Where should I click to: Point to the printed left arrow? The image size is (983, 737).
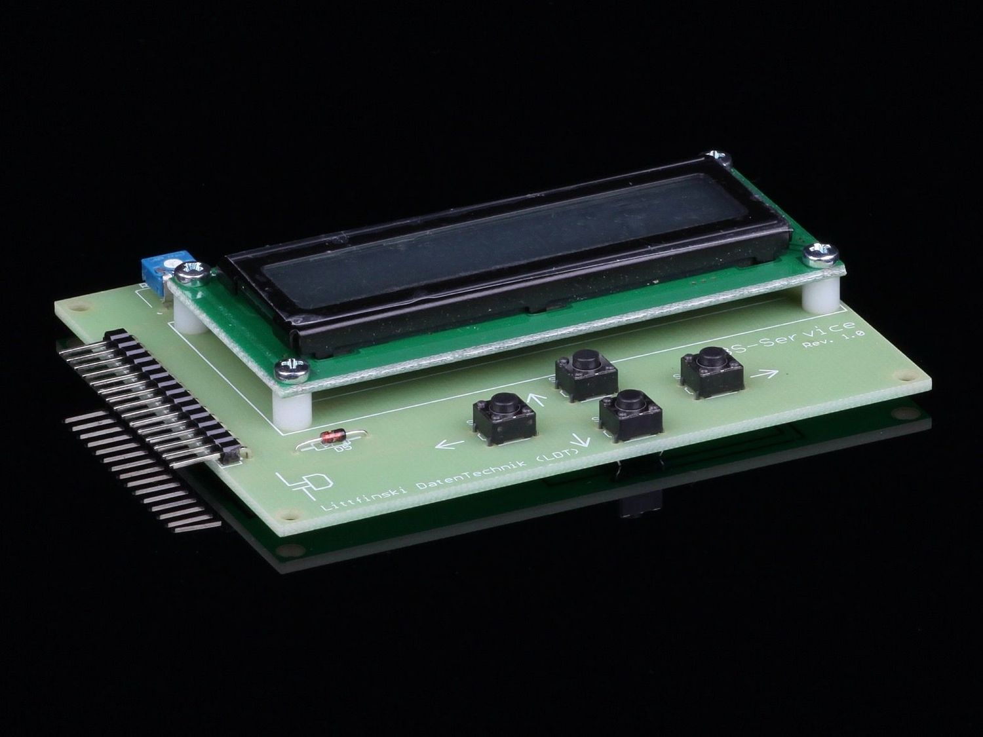coord(450,445)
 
